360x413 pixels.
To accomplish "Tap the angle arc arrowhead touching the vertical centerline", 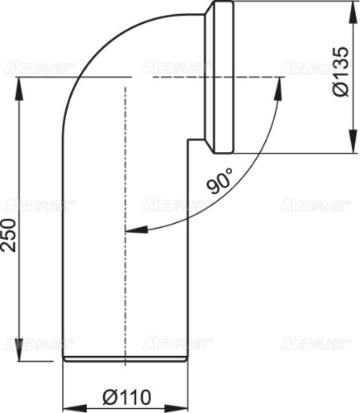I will tap(131, 228).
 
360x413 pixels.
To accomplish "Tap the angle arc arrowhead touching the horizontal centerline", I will tap(272, 85).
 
